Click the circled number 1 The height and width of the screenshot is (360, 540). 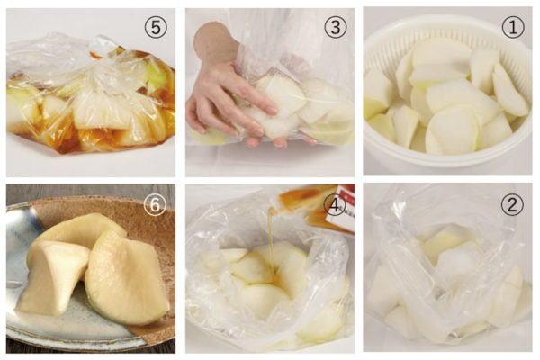513,27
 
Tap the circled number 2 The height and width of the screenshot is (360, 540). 512,204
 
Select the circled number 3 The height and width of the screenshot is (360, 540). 336,27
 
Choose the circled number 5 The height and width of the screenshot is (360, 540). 156,27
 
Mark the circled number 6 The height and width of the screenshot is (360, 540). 156,205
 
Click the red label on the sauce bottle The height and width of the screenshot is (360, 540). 344,207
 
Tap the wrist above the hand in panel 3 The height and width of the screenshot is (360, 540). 215,45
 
